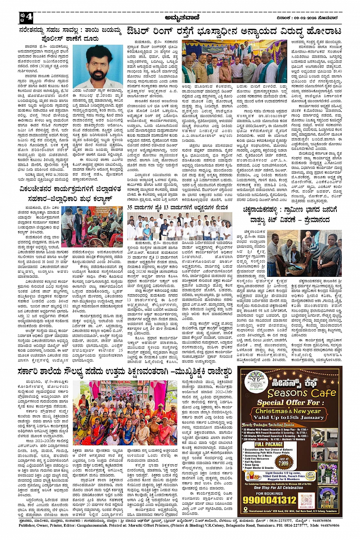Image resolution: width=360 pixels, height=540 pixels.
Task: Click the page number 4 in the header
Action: [x=29, y=17]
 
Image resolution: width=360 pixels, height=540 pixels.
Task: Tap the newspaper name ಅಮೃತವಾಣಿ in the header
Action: [x=180, y=17]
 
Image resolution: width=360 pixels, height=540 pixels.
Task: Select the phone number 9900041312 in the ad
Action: [x=269, y=500]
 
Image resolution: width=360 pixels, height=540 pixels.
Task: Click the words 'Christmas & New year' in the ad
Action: [x=288, y=411]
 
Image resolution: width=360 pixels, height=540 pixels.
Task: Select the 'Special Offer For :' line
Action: [x=288, y=403]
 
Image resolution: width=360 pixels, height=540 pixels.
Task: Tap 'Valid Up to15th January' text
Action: [x=288, y=417]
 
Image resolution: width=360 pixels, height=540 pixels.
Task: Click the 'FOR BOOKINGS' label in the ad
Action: [x=269, y=493]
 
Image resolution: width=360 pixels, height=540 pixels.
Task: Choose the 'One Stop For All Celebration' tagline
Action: [x=278, y=487]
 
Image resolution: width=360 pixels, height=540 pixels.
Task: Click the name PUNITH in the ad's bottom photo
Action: [x=327, y=506]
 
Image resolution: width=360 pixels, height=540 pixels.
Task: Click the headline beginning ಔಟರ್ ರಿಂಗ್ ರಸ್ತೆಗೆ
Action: [x=234, y=31]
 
